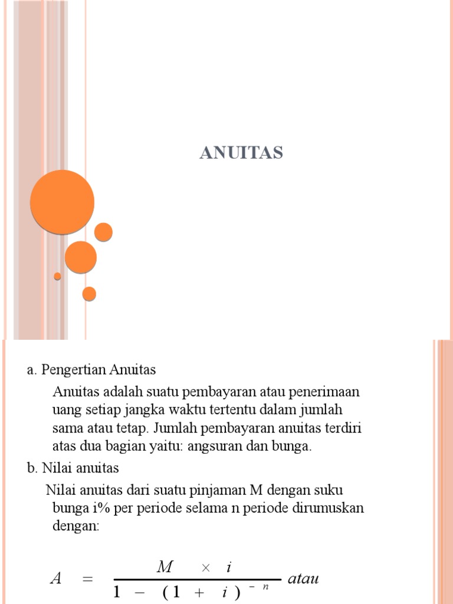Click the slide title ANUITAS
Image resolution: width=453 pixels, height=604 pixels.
(x=241, y=153)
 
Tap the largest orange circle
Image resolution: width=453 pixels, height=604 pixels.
(x=62, y=202)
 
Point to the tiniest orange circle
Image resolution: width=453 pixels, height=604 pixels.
(x=57, y=276)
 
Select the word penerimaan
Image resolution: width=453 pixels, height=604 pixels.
(x=329, y=392)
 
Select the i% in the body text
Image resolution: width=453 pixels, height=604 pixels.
(x=94, y=508)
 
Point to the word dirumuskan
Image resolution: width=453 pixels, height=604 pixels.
(x=328, y=508)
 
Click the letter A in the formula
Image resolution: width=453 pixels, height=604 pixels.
(x=57, y=579)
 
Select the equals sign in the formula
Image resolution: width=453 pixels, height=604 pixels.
(x=88, y=580)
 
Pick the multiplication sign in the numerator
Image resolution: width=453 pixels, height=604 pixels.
(x=205, y=567)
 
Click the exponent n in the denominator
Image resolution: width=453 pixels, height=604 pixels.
(x=266, y=587)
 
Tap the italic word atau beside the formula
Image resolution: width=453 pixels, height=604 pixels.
(x=303, y=579)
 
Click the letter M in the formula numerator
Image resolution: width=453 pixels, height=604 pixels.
(x=165, y=567)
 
